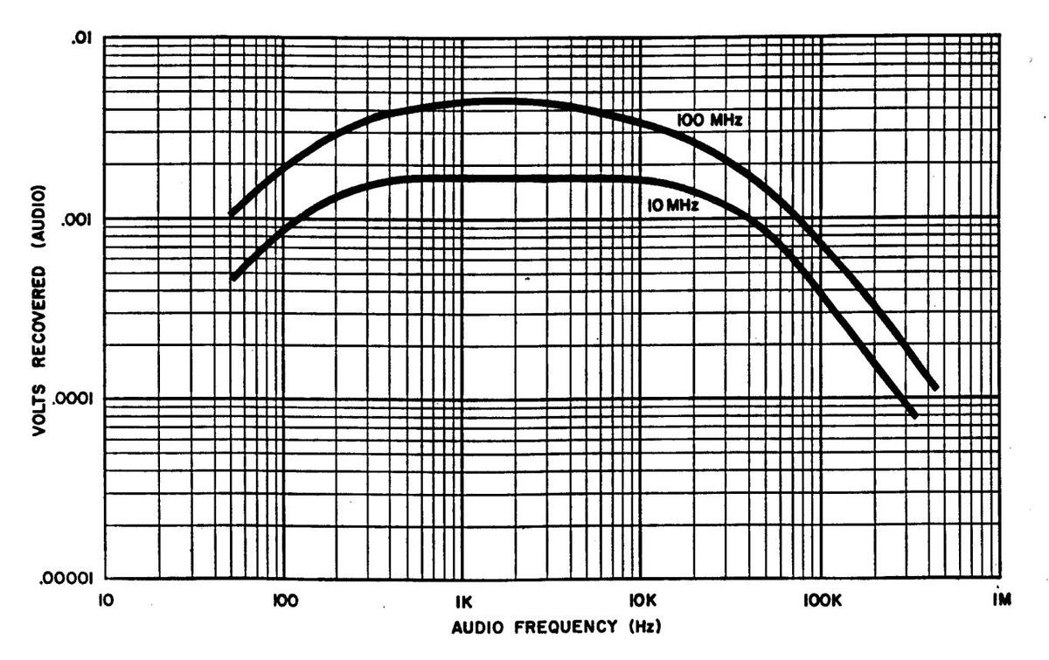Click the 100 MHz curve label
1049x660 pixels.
click(x=710, y=122)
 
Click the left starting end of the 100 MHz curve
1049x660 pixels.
click(x=231, y=212)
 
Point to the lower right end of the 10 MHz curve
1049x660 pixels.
click(x=914, y=414)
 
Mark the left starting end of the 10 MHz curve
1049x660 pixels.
click(x=233, y=277)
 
